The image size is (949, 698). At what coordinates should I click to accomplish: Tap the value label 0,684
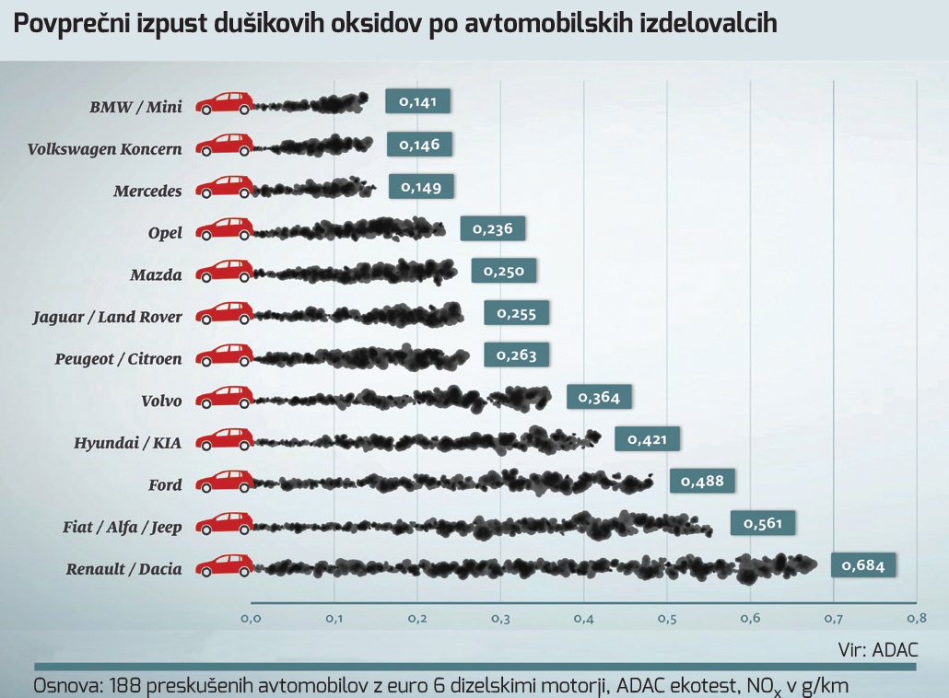coord(863,565)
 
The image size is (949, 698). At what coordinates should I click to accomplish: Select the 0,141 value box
coord(417,102)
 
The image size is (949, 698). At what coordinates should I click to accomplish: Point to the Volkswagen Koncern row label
coord(105,149)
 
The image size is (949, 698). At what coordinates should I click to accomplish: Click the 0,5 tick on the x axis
coord(667,618)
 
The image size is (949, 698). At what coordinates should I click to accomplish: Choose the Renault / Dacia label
coord(124,569)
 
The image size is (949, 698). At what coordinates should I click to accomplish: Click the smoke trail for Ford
coord(451,483)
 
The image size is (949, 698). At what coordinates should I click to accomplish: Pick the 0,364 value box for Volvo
coord(599,398)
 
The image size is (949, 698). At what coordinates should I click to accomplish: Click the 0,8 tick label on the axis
coord(916,618)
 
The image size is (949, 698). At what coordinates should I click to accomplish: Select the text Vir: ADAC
coord(878,649)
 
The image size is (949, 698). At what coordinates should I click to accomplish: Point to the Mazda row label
coord(157,274)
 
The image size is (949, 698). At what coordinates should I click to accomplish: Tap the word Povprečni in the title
coord(62,24)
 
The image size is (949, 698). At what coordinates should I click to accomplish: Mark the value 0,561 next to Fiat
coord(763,524)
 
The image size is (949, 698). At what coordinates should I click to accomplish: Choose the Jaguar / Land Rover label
coord(108,317)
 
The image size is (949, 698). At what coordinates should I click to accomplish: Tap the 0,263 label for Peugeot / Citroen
coord(516,355)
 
